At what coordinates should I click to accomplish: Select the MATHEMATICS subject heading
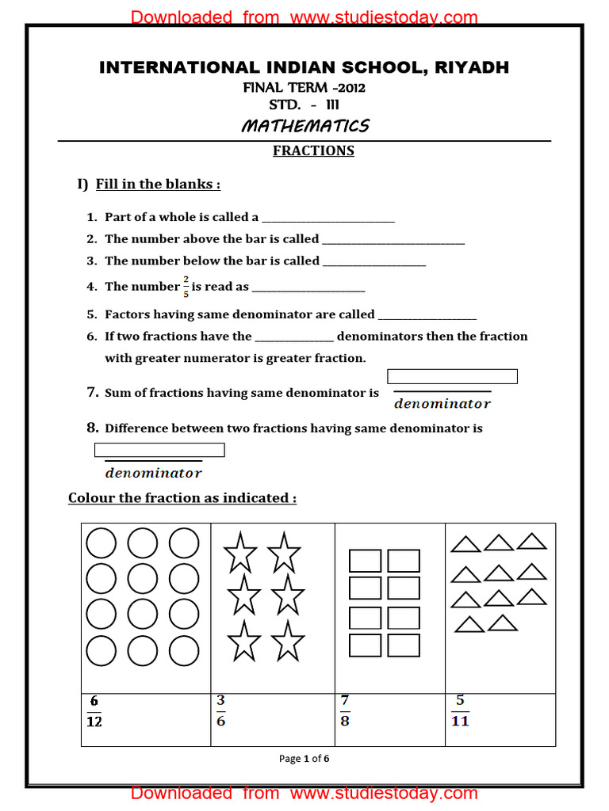point(305,126)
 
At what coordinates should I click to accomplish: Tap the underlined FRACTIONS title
point(313,150)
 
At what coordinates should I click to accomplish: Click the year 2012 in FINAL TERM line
point(350,88)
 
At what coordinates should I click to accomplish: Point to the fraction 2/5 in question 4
point(186,287)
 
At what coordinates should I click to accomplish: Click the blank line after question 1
point(327,219)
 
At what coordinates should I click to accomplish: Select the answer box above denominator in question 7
point(452,376)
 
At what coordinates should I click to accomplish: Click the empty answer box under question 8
point(159,450)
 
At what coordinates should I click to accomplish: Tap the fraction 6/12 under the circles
point(94,711)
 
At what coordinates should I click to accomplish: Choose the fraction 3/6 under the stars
point(220,710)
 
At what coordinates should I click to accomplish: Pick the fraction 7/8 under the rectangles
point(344,710)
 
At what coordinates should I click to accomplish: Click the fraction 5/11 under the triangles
point(460,710)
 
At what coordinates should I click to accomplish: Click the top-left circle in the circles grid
point(101,543)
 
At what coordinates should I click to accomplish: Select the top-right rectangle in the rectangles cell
point(404,561)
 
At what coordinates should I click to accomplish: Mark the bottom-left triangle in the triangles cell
point(469,625)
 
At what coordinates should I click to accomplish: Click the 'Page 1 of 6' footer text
point(304,759)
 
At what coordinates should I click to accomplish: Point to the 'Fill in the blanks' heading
point(158,184)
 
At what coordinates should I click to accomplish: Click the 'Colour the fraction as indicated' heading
point(182,498)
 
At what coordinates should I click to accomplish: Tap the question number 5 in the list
point(91,314)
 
